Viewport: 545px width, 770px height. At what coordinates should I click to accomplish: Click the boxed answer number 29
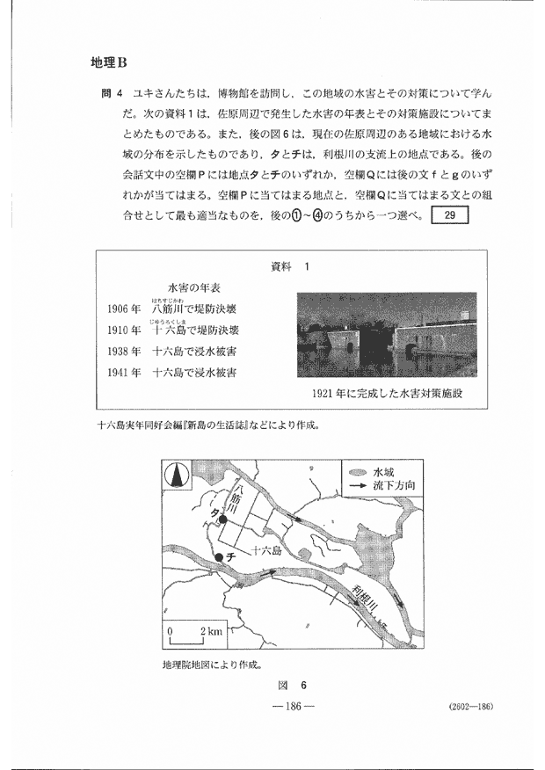pyautogui.click(x=450, y=216)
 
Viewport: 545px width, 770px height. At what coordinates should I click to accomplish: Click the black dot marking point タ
pyautogui.click(x=223, y=519)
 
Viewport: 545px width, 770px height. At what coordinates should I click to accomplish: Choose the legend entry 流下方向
pyautogui.click(x=387, y=486)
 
